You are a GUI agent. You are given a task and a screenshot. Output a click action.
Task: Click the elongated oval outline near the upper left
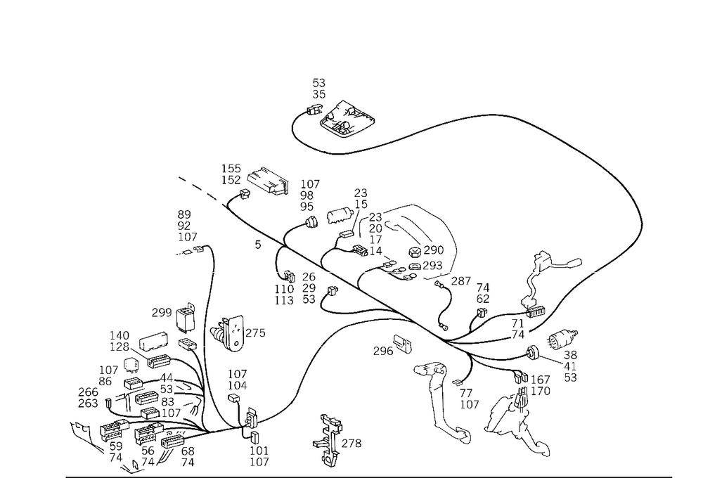(269, 181)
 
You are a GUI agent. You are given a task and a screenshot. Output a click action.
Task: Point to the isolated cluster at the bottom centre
(330, 439)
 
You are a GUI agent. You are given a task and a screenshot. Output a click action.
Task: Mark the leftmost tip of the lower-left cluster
(74, 427)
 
